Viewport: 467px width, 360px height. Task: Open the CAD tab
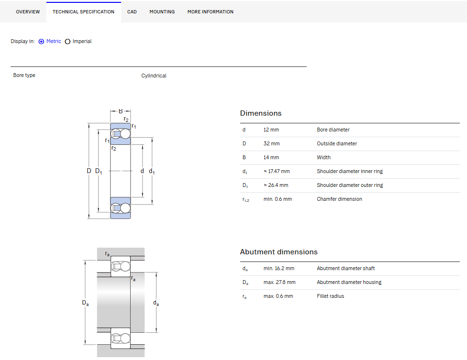[x=132, y=12]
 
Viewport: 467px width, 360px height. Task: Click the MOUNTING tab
[x=162, y=12]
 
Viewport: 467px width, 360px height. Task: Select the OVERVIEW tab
[x=28, y=12]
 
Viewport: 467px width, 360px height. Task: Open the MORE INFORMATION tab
[x=210, y=12]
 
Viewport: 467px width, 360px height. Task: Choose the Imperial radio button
[x=67, y=42]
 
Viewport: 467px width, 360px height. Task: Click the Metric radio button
[x=42, y=42]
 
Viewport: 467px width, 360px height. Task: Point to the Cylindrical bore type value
[x=154, y=76]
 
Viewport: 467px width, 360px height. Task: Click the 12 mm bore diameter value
[x=271, y=130]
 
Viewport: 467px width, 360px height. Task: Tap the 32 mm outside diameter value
[x=271, y=144]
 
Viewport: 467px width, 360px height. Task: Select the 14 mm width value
[x=271, y=157]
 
